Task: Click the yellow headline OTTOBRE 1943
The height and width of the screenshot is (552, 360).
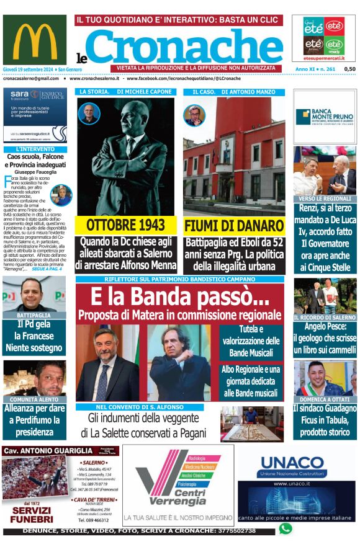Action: pyautogui.click(x=126, y=225)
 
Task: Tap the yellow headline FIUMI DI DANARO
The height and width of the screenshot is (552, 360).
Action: pyautogui.click(x=234, y=225)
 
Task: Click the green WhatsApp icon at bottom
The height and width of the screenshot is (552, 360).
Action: pyautogui.click(x=285, y=528)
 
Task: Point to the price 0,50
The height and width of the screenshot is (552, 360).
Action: pyautogui.click(x=349, y=69)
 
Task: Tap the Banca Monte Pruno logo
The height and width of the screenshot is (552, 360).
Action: pyautogui.click(x=324, y=116)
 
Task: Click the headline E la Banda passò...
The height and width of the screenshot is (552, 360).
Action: pyautogui.click(x=179, y=298)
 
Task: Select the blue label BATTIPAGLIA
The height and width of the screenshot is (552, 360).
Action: pyautogui.click(x=34, y=315)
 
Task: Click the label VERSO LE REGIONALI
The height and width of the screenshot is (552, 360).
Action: pyautogui.click(x=325, y=198)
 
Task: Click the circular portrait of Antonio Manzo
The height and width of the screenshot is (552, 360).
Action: pyautogui.click(x=194, y=115)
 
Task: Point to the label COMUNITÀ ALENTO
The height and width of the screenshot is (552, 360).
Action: pyautogui.click(x=34, y=399)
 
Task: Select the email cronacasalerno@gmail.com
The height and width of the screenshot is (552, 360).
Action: pyautogui.click(x=30, y=79)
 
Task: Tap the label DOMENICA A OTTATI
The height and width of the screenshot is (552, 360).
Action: pyautogui.click(x=325, y=399)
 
